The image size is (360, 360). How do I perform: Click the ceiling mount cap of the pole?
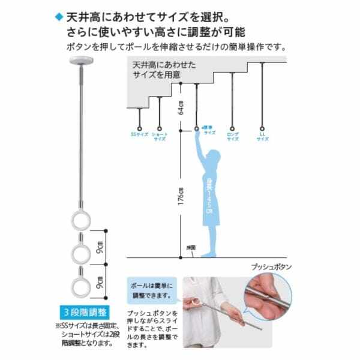(x=80, y=61)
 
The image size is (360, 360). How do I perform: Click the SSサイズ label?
(x=139, y=136)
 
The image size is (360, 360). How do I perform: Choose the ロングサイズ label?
(x=233, y=136)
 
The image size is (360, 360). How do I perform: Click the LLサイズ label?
(x=263, y=136)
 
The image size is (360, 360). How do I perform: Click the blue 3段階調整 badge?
(x=85, y=313)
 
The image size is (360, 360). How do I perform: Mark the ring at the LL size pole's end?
(x=263, y=127)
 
